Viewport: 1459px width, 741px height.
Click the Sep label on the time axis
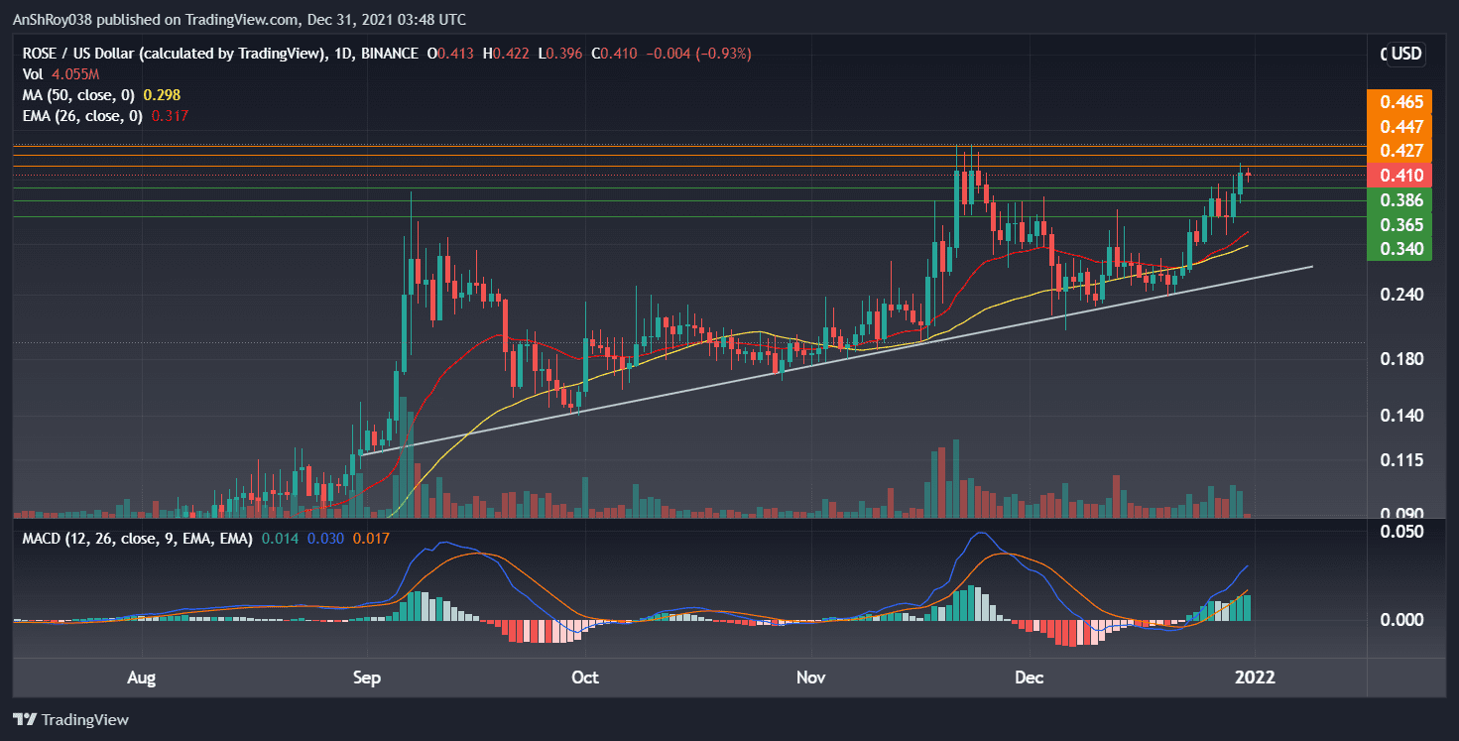tap(368, 679)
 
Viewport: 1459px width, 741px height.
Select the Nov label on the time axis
tap(811, 679)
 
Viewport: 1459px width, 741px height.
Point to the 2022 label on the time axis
tap(1254, 679)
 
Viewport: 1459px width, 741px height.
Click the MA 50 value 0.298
tap(162, 95)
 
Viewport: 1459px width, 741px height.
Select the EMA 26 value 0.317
tap(170, 116)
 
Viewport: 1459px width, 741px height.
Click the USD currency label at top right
tap(1405, 54)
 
